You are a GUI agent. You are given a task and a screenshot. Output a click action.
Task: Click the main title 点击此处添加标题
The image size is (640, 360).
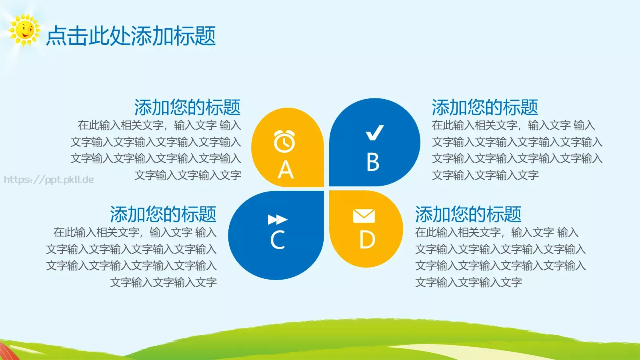point(131,36)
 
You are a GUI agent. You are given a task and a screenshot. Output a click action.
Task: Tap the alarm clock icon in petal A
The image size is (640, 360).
point(284,141)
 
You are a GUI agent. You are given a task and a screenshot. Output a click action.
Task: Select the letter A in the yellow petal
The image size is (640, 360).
point(286,170)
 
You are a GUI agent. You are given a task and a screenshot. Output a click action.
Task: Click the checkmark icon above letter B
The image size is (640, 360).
point(375,133)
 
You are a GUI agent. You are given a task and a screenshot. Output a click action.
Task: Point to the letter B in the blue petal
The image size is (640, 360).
point(373,162)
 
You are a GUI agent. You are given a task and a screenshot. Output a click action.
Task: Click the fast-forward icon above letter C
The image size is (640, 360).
point(278,220)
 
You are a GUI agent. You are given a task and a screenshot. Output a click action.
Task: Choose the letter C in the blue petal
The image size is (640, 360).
point(278,240)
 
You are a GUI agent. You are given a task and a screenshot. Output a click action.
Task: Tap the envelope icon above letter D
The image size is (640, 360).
point(364,216)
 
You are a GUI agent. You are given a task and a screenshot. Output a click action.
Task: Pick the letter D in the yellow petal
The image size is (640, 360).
point(367,240)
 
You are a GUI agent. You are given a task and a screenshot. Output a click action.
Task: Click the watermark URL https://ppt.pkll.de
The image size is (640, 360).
point(49,180)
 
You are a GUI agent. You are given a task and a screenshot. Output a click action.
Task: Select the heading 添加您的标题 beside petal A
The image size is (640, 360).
point(187,107)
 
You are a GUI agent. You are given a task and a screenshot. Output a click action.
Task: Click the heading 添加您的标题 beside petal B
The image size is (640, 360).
point(485,107)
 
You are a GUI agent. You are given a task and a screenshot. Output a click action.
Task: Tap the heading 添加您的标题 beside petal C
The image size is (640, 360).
point(163,214)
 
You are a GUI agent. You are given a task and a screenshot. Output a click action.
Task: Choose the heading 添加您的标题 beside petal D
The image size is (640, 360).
point(468,214)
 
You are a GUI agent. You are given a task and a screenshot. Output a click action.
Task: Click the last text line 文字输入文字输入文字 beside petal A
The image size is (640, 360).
point(188,175)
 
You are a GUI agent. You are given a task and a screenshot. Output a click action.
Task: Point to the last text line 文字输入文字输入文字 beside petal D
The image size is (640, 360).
point(468,282)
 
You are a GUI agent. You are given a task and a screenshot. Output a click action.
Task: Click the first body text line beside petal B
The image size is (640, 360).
point(513,125)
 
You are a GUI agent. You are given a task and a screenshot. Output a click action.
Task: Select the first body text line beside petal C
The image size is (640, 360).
point(135,232)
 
